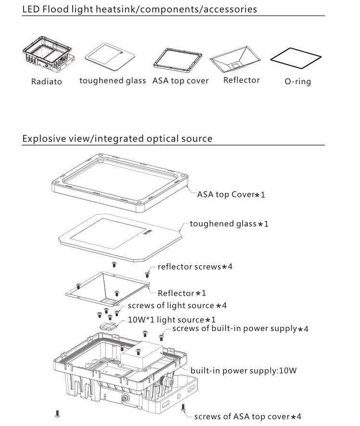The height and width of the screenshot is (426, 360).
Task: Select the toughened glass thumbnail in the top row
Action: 110,56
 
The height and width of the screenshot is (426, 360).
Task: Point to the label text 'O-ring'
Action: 297,81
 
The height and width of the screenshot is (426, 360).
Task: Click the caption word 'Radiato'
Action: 47,81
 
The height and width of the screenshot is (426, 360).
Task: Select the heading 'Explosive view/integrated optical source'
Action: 117,139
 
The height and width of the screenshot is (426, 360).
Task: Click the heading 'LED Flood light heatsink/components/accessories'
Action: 140,9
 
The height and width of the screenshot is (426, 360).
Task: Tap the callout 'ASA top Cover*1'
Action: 231,195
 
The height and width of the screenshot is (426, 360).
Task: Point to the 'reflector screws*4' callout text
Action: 196,267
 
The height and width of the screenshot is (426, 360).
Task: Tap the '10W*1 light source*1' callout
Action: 172,319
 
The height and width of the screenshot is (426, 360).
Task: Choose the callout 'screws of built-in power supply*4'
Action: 240,329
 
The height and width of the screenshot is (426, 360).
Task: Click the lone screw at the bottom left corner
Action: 58,413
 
